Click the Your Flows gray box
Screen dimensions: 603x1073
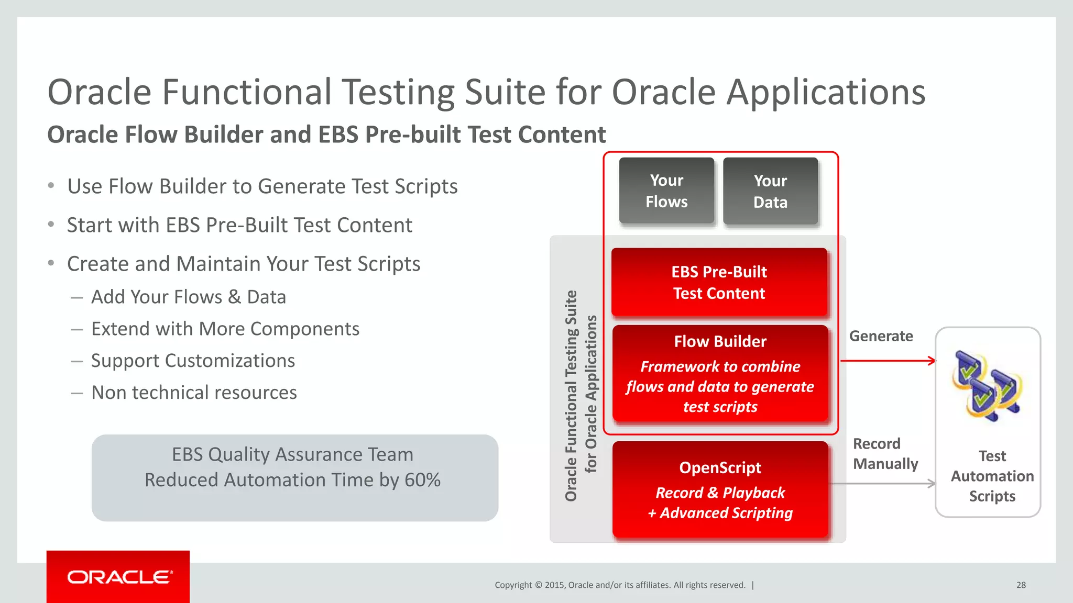tap(666, 191)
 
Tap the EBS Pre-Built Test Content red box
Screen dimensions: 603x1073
tap(719, 283)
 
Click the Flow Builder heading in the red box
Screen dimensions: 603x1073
tap(720, 342)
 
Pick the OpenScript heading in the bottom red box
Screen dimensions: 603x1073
tap(720, 467)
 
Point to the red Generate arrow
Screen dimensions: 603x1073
tap(888, 361)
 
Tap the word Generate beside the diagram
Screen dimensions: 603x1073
tap(881, 336)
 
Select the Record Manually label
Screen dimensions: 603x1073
tap(885, 454)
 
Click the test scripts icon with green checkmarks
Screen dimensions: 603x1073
tap(987, 386)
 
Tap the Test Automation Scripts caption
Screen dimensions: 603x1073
tap(992, 476)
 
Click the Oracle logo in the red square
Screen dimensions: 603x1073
tap(118, 577)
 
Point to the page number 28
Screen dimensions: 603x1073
tap(1021, 585)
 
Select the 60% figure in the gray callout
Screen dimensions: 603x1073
tap(422, 480)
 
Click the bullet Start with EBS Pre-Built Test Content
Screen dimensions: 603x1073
tap(239, 225)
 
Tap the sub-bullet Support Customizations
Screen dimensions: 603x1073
tap(193, 361)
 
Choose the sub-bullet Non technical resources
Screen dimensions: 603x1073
tap(194, 393)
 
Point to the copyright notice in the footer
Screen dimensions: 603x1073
tap(620, 585)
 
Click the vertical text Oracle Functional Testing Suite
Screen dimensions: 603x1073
tap(571, 396)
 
